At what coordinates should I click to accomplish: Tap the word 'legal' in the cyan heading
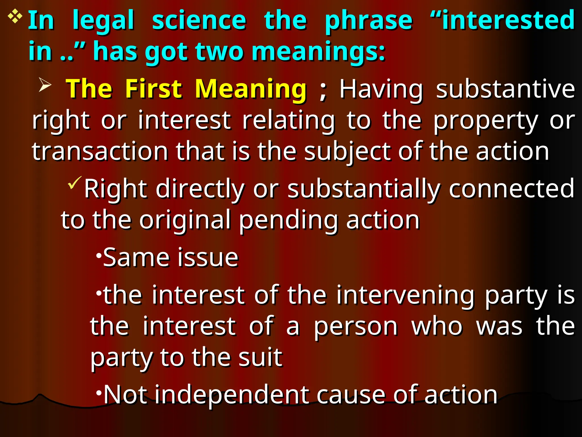point(103,20)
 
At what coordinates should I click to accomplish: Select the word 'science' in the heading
point(199,20)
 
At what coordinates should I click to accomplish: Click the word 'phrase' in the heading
point(369,20)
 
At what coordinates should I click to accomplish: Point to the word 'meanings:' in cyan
point(318,52)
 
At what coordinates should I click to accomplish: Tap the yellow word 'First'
point(153,89)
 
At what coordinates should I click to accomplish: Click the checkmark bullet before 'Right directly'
point(74,183)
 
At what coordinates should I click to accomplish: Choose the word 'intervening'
point(405,295)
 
